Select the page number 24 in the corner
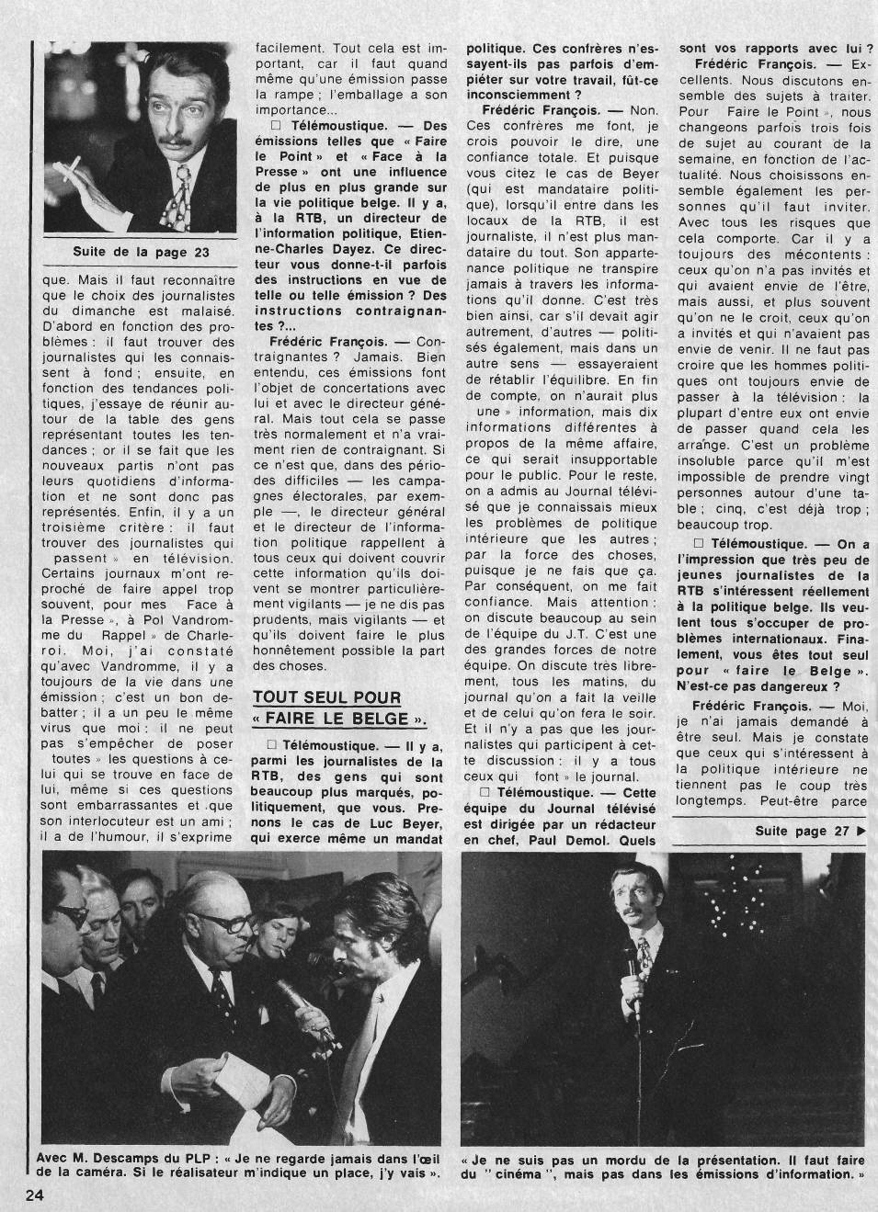click(34, 1195)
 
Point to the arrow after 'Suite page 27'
click(861, 831)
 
